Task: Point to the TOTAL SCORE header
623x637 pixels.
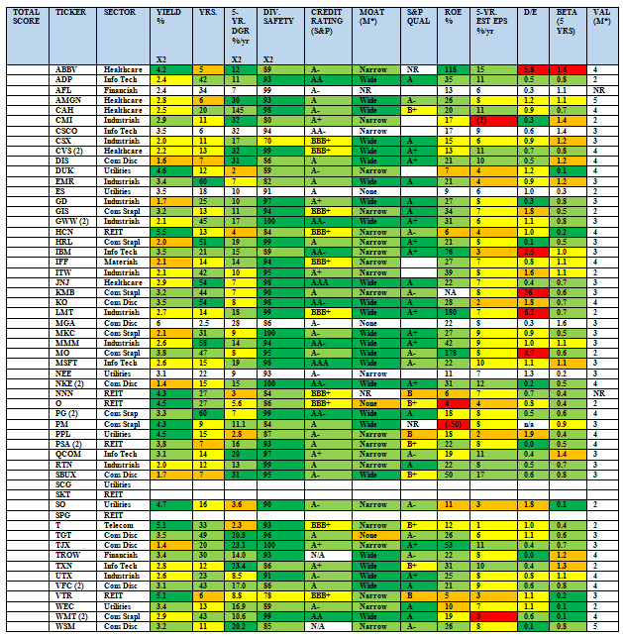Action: click(x=26, y=16)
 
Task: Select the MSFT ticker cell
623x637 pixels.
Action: click(x=67, y=363)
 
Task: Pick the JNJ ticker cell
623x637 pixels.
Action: click(x=64, y=282)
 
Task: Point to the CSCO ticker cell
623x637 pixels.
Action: click(x=67, y=129)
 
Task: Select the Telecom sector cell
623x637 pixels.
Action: click(x=120, y=523)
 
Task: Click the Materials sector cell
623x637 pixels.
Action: click(x=123, y=262)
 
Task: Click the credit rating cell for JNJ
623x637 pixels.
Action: click(x=330, y=282)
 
